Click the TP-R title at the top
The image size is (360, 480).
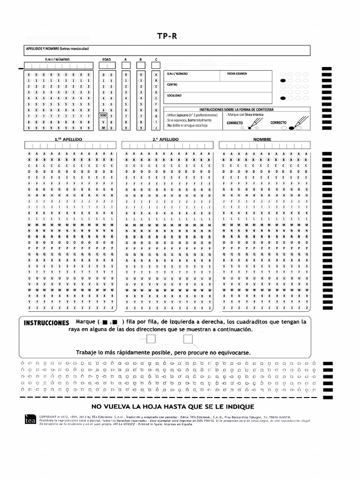pyautogui.click(x=168, y=37)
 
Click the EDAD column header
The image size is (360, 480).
pyautogui.click(x=107, y=60)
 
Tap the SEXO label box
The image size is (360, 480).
pyautogui.click(x=103, y=114)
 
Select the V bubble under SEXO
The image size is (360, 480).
pyautogui.click(x=103, y=121)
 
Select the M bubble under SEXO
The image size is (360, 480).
pyautogui.click(x=103, y=127)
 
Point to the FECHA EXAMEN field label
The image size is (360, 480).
pyautogui.click(x=237, y=74)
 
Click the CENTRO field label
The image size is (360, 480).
pyautogui.click(x=172, y=85)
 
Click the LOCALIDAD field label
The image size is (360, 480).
pyautogui.click(x=174, y=96)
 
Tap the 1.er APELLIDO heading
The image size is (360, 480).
pyautogui.click(x=68, y=139)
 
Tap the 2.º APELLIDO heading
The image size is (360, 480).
pyautogui.click(x=165, y=139)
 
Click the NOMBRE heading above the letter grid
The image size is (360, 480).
pyautogui.click(x=262, y=139)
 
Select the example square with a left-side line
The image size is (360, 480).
pyautogui.click(x=151, y=340)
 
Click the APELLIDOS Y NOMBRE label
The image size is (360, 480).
pyautogui.click(x=57, y=48)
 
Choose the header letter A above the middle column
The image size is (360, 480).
pyautogui.click(x=126, y=60)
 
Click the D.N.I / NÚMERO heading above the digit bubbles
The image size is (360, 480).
pyautogui.click(x=57, y=60)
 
